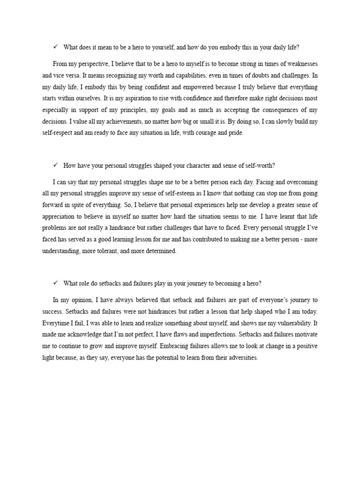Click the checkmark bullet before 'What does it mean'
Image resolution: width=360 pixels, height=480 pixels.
point(55,47)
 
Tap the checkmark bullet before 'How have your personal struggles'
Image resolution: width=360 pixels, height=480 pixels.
point(55,165)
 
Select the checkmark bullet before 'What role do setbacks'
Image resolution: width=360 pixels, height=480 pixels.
point(55,283)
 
